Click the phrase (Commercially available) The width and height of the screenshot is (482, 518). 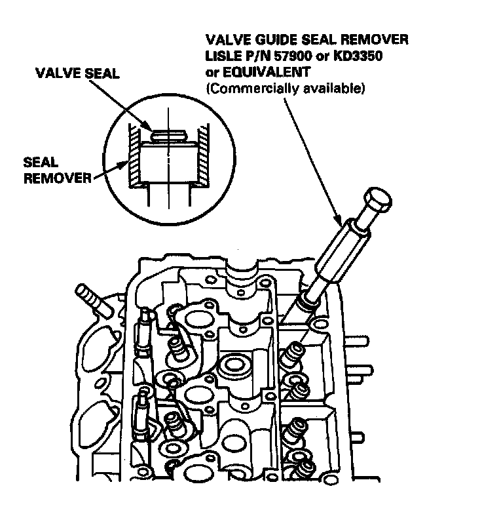point(285,87)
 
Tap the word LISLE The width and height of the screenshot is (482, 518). point(225,55)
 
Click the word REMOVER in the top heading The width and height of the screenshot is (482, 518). point(375,39)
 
